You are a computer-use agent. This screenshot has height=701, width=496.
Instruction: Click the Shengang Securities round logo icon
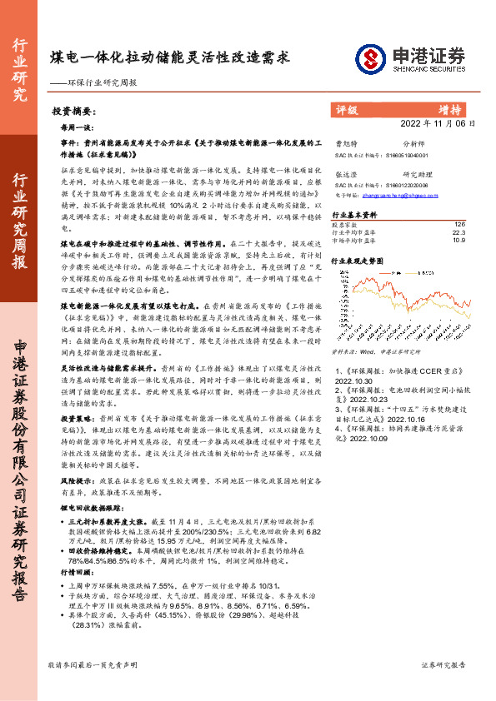coord(369,58)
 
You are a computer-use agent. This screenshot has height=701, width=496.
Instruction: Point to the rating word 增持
coord(449,109)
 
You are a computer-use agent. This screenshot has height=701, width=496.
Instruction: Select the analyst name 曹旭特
coord(345,144)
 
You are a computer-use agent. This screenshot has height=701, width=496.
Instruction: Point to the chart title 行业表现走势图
coord(358,261)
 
